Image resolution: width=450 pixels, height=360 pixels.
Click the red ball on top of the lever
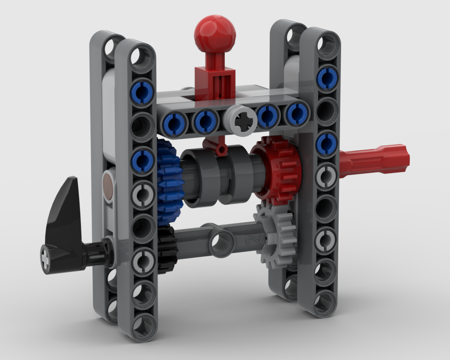pos(215,34)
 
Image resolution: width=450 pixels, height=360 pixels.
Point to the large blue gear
pos(169,181)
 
